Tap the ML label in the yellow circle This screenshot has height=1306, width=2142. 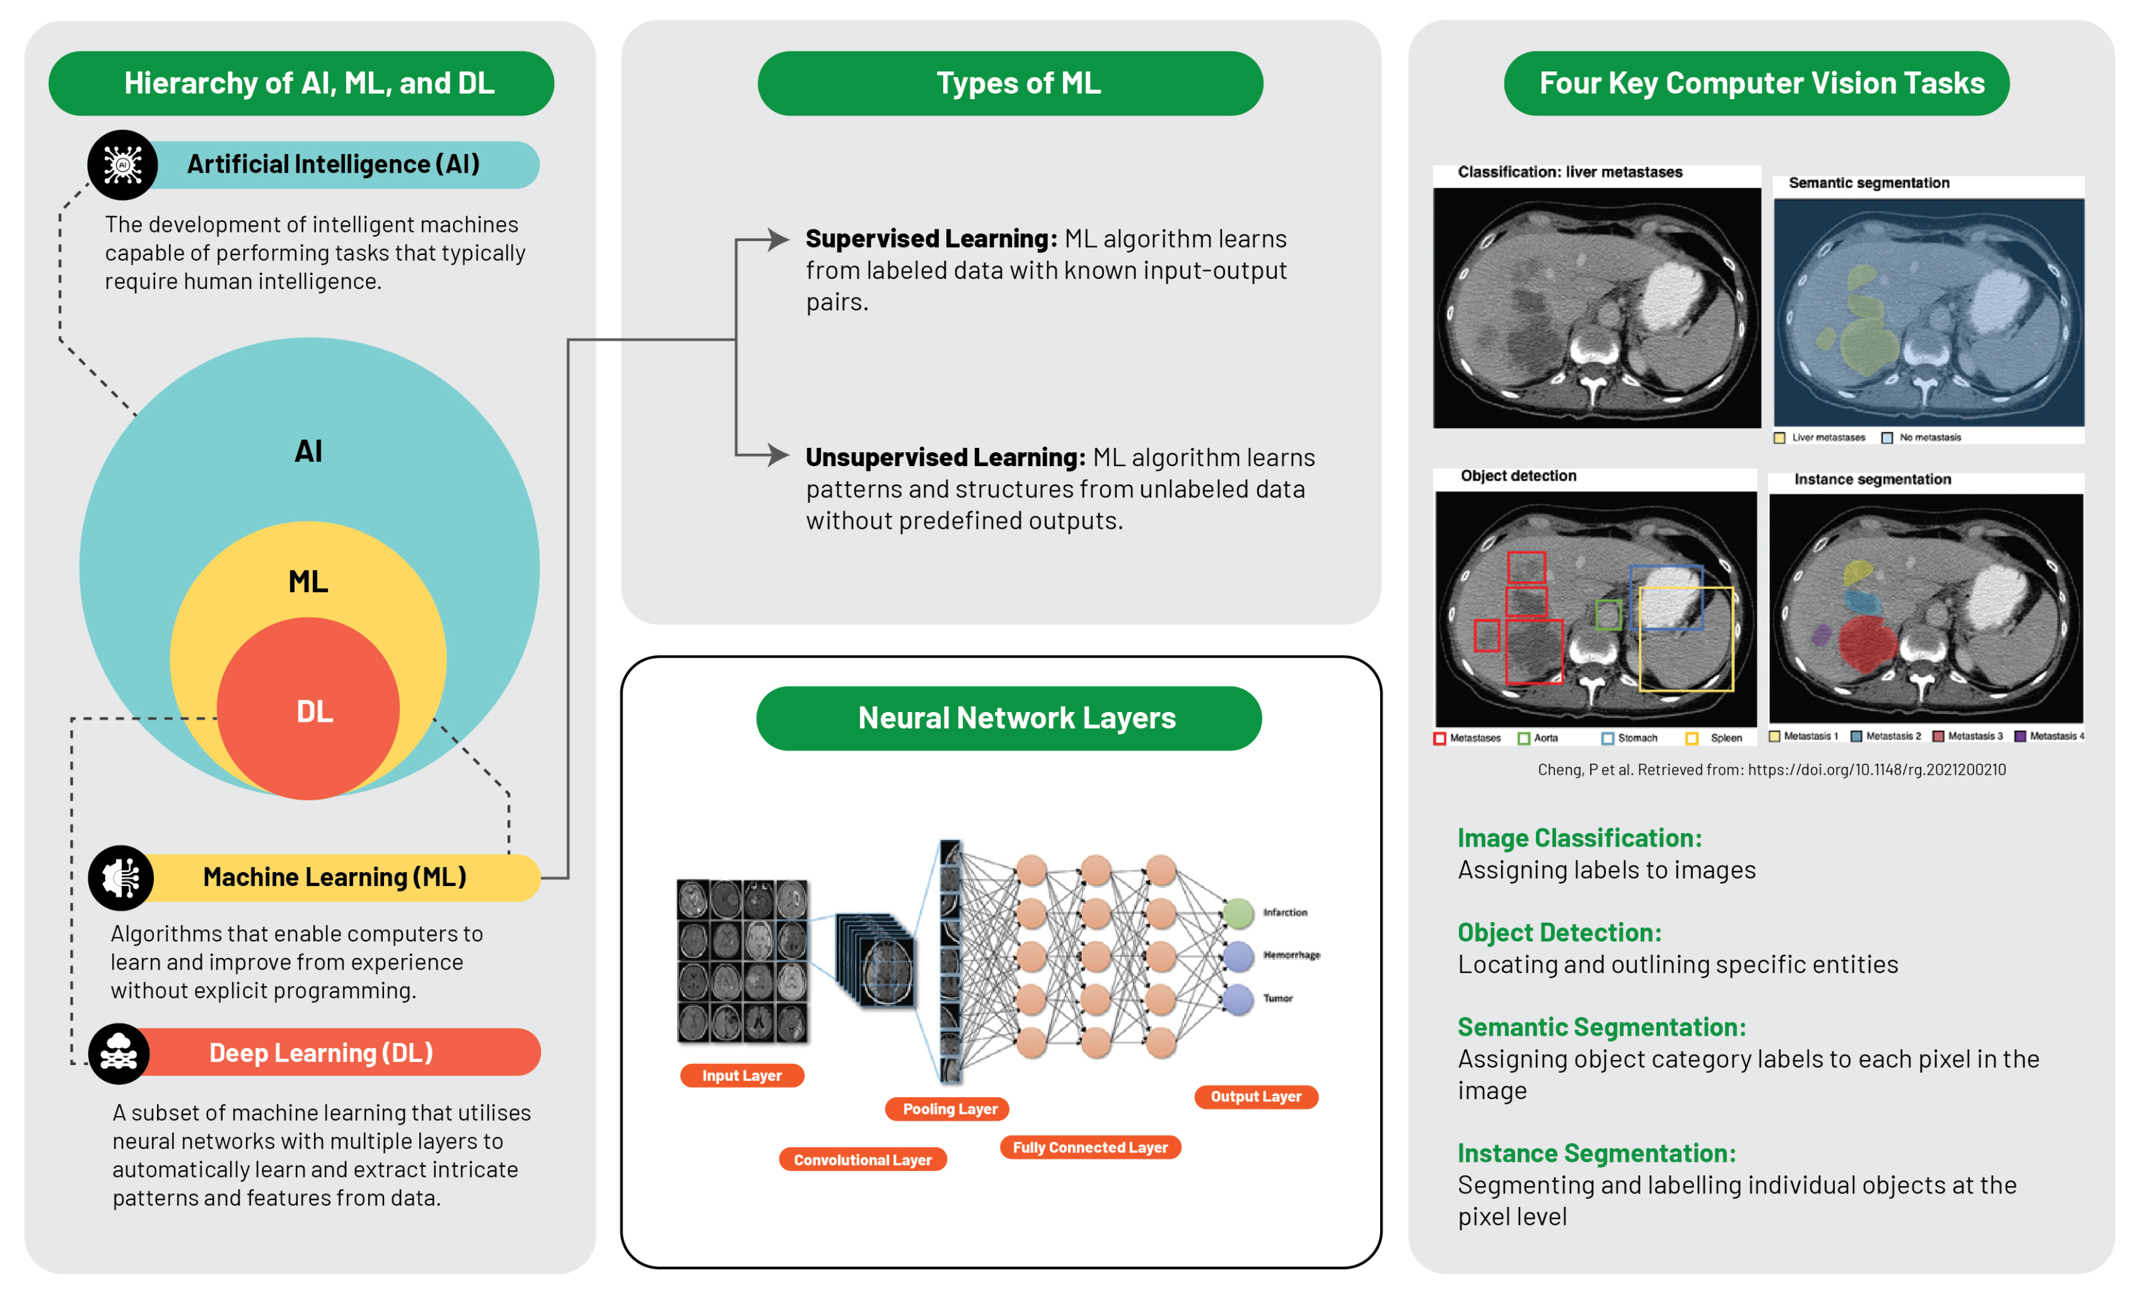pyautogui.click(x=309, y=581)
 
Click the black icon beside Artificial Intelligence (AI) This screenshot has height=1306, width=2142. pyautogui.click(x=122, y=164)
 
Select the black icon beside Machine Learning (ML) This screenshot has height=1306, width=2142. pyautogui.click(x=121, y=878)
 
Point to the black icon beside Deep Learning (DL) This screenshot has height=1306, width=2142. pyautogui.click(x=119, y=1053)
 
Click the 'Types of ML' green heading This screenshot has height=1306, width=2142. pyautogui.click(x=1010, y=83)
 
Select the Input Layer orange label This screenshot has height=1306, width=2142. pyautogui.click(x=742, y=1075)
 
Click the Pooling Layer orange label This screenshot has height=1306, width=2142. pyautogui.click(x=949, y=1109)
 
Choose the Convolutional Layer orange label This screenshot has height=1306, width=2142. pyautogui.click(x=862, y=1159)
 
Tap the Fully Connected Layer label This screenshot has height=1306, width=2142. pyautogui.click(x=1090, y=1147)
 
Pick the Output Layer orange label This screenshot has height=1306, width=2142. pyautogui.click(x=1255, y=1097)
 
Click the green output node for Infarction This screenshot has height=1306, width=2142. pyautogui.click(x=1238, y=912)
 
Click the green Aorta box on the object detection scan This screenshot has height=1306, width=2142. pyautogui.click(x=1608, y=615)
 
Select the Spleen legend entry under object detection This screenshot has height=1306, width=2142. pyautogui.click(x=1716, y=738)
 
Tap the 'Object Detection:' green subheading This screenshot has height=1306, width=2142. pyautogui.click(x=1558, y=932)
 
